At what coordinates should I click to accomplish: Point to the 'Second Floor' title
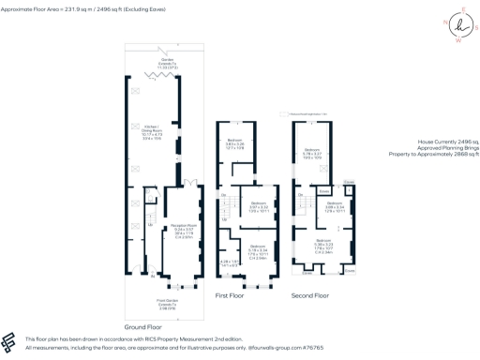pyautogui.click(x=309, y=294)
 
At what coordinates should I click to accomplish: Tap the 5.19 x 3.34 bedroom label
pyautogui.click(x=257, y=250)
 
